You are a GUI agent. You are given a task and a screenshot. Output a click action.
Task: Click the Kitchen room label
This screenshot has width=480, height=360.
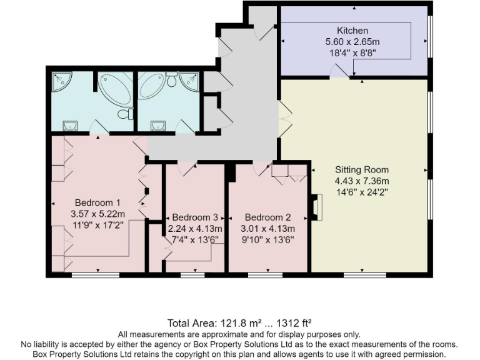[x=352, y=31]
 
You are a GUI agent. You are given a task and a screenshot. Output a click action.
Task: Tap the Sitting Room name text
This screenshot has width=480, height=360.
[x=361, y=169]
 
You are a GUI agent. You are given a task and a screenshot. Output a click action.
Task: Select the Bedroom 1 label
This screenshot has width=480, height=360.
[x=97, y=202]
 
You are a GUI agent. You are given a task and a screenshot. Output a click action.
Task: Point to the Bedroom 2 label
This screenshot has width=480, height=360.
[x=267, y=217]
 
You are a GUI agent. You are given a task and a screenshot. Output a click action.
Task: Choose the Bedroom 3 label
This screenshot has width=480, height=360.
[x=194, y=217]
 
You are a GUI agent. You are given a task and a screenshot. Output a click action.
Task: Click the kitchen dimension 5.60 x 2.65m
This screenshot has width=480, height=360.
[x=352, y=42]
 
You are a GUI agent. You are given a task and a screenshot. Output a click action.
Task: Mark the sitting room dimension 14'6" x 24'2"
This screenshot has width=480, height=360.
[x=361, y=192]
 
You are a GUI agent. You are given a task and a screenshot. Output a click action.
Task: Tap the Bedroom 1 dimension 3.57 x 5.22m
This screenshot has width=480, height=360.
[x=97, y=214]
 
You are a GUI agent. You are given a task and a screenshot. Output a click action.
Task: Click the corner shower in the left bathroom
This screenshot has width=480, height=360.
[x=61, y=79]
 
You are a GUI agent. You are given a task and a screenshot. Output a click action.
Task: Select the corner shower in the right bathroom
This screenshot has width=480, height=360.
[x=191, y=79]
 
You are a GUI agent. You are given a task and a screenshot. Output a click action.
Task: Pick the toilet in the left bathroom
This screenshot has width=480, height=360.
[x=127, y=114]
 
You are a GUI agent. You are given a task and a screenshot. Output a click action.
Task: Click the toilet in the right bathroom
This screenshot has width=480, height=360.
[x=172, y=79]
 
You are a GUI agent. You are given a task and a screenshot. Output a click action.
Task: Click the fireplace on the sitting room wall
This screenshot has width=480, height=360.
[x=316, y=207]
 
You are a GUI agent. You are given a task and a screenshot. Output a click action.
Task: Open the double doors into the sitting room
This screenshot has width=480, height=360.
[x=285, y=119]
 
